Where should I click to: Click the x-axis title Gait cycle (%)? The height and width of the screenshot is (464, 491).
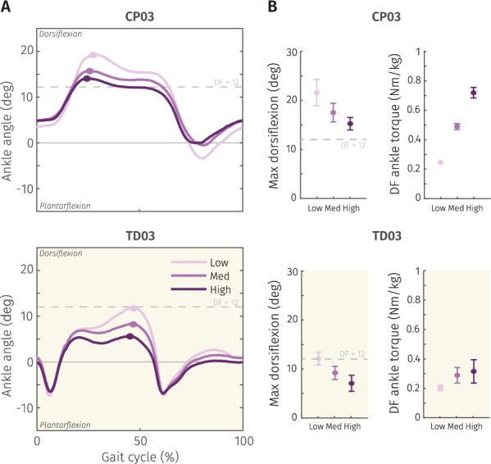tap(141, 453)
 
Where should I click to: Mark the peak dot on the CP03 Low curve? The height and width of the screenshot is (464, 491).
tap(93, 55)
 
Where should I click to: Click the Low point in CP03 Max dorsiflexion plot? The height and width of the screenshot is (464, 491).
tap(316, 93)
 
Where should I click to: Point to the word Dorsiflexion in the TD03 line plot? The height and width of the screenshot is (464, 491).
tap(61, 254)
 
